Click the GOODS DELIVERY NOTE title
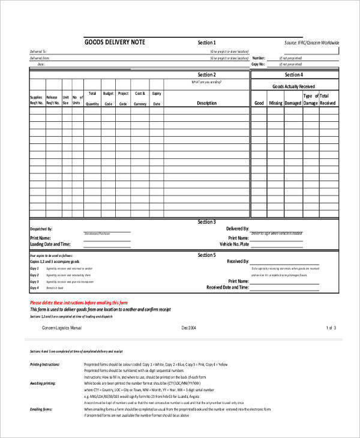pyautogui.click(x=115, y=42)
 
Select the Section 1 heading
pyautogui.click(x=206, y=43)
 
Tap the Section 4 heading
pyautogui.click(x=293, y=75)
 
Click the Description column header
pyautogui.click(x=206, y=103)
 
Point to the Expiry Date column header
pyautogui.click(x=157, y=98)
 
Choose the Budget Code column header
pyautogui.click(x=108, y=98)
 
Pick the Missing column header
pyautogui.click(x=275, y=103)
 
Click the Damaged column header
pyautogui.click(x=293, y=103)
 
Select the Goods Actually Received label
pyautogui.click(x=293, y=86)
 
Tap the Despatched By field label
pyautogui.click(x=41, y=229)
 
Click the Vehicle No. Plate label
pyautogui.click(x=234, y=244)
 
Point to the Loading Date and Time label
pyautogui.click(x=50, y=244)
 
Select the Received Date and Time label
pyautogui.click(x=227, y=287)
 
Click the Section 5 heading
pyautogui.click(x=206, y=255)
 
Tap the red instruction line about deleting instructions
pyautogui.click(x=79, y=302)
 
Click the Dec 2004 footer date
pyautogui.click(x=189, y=328)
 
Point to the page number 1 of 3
pyautogui.click(x=331, y=328)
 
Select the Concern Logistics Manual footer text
pyautogui.click(x=61, y=328)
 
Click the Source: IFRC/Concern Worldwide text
pyautogui.click(x=311, y=43)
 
